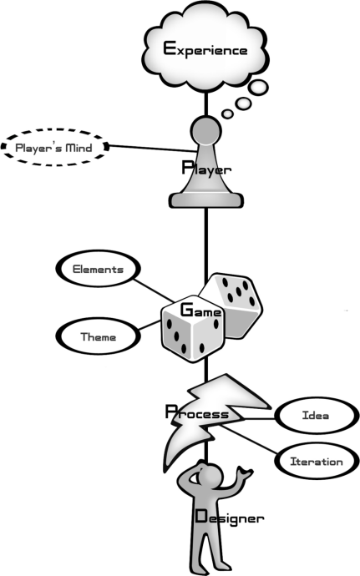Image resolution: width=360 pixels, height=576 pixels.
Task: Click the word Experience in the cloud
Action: pyautogui.click(x=205, y=49)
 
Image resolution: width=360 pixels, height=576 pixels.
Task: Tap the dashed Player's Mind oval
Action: pyautogui.click(x=55, y=129)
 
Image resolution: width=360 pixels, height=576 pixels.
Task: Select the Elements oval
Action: pyautogui.click(x=98, y=251)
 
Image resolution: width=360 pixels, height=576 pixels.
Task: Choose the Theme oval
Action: pyautogui.click(x=98, y=319)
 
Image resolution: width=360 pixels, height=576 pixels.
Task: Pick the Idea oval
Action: pyautogui.click(x=317, y=398)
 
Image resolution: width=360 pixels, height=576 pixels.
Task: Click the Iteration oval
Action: pyautogui.click(x=317, y=444)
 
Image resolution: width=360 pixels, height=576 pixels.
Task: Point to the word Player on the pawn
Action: pyautogui.click(x=206, y=169)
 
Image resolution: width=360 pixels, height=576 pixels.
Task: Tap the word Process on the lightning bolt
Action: pyautogui.click(x=197, y=412)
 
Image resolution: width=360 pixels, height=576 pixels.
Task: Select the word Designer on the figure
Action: pyautogui.click(x=230, y=517)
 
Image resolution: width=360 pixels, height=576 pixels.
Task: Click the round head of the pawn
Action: pyautogui.click(x=206, y=131)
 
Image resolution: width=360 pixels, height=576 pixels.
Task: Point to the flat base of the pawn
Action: pyautogui.click(x=206, y=200)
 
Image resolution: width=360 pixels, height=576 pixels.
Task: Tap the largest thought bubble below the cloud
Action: pyautogui.click(x=258, y=88)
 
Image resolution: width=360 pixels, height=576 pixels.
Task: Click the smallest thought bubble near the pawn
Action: pyautogui.click(x=228, y=114)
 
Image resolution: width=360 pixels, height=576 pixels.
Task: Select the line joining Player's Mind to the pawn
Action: pyautogui.click(x=153, y=149)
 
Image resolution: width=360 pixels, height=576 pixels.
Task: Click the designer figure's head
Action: pyautogui.click(x=210, y=475)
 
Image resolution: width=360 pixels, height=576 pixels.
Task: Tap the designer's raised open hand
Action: pyautogui.click(x=244, y=473)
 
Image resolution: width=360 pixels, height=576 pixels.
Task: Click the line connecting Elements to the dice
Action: pyautogui.click(x=154, y=291)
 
